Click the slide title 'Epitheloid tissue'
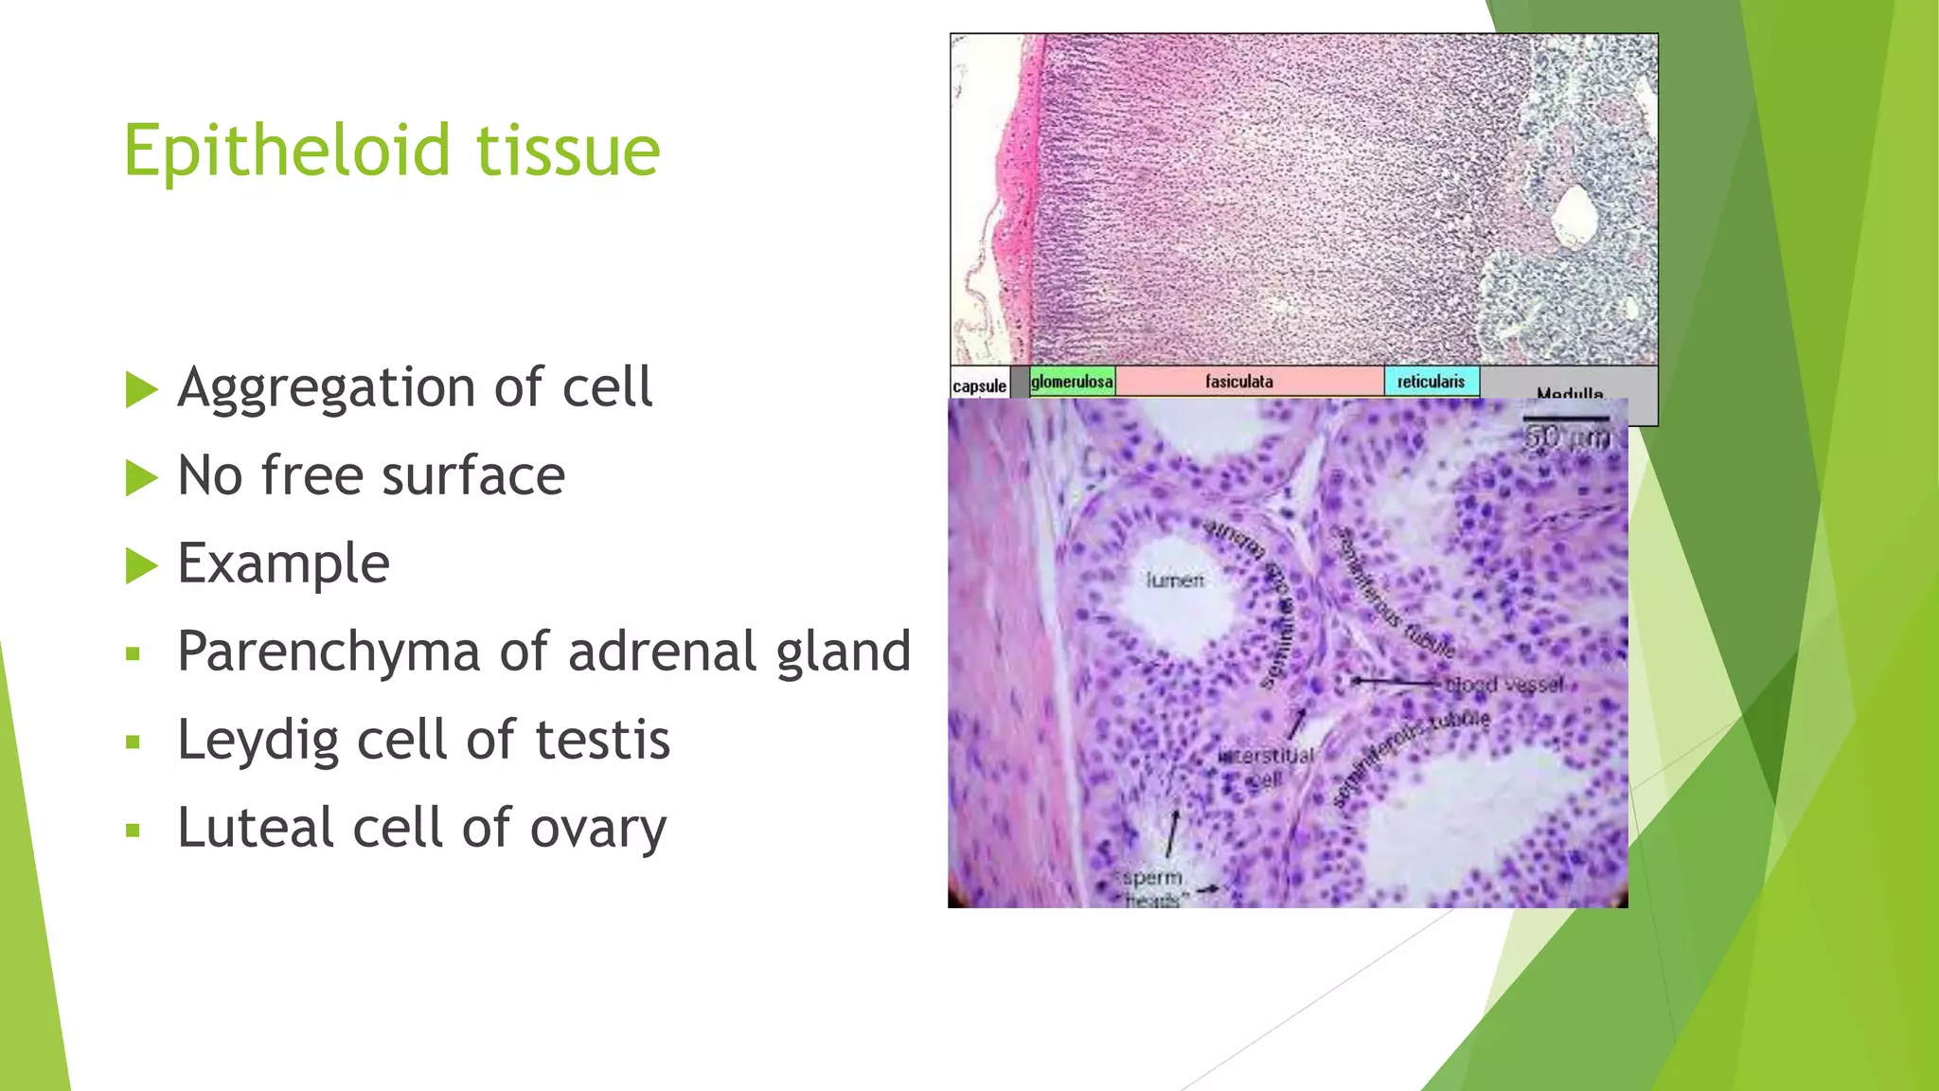[x=391, y=151]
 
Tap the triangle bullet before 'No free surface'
[x=141, y=477]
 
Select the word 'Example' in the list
[x=283, y=563]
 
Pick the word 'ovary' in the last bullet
[x=597, y=829]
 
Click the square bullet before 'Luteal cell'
[x=133, y=832]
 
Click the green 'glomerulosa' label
[x=1072, y=382]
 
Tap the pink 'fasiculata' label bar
[x=1239, y=382]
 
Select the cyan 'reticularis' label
[x=1431, y=382]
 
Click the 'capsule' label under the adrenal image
[x=979, y=386]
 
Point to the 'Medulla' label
[x=1570, y=392]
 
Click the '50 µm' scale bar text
[x=1567, y=438]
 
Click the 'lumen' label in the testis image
[x=1175, y=580]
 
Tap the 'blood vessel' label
[x=1504, y=684]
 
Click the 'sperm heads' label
[x=1152, y=887]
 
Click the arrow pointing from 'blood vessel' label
[x=1396, y=681]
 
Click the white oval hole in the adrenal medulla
[x=1575, y=215]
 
